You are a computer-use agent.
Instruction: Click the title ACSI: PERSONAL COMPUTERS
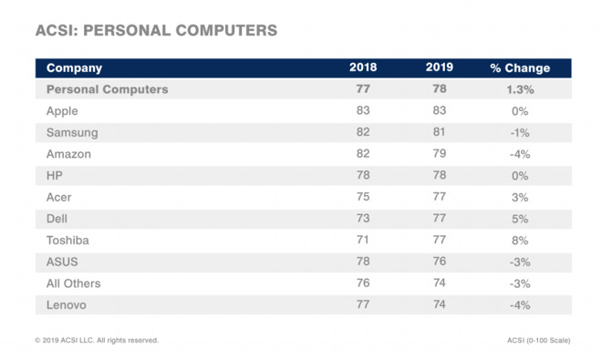[156, 30]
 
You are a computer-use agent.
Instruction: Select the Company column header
[74, 68]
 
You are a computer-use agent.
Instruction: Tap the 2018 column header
[363, 67]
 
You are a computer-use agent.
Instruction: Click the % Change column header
[520, 68]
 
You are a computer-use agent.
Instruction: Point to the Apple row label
[62, 111]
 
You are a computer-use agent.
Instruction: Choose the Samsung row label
[72, 132]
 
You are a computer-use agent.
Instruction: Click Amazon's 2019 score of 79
[440, 153]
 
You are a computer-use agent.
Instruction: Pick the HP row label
[55, 175]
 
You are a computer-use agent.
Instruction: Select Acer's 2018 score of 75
[363, 197]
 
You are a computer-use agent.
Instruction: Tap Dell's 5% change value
[520, 219]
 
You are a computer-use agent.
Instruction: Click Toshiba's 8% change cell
[520, 241]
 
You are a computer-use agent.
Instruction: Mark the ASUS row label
[62, 262]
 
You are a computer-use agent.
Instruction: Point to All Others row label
[74, 283]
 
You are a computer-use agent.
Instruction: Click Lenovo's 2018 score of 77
[363, 304]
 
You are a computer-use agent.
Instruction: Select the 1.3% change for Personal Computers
[520, 89]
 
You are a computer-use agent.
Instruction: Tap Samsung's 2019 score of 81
[440, 131]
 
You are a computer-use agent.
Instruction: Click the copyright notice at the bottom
[97, 340]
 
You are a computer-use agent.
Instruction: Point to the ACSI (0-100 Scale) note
[539, 340]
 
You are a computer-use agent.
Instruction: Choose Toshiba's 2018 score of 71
[363, 240]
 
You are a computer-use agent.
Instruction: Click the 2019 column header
[440, 67]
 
